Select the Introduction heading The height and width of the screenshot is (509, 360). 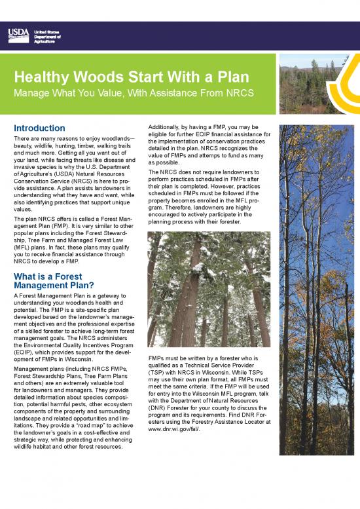pyautogui.click(x=39, y=128)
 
